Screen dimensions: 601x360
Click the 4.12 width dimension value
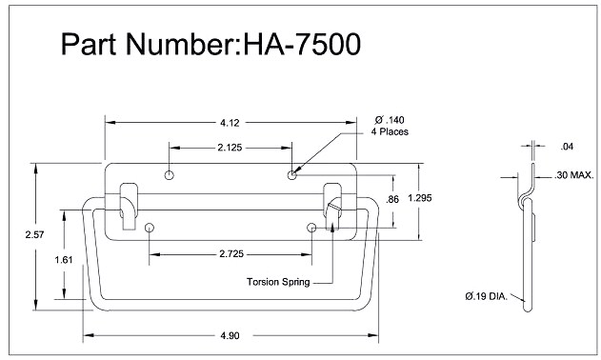click(x=230, y=123)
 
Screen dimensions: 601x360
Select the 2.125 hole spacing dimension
click(x=230, y=148)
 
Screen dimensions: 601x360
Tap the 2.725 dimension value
click(x=231, y=253)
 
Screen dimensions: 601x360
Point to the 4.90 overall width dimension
click(x=230, y=336)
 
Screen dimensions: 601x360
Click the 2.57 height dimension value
click(x=35, y=234)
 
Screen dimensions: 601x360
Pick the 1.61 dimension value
click(x=64, y=260)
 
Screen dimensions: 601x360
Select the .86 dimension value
click(x=392, y=199)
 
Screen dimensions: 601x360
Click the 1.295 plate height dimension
click(x=420, y=198)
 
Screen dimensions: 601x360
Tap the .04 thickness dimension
click(x=567, y=147)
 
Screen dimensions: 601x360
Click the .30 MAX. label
click(x=573, y=175)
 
